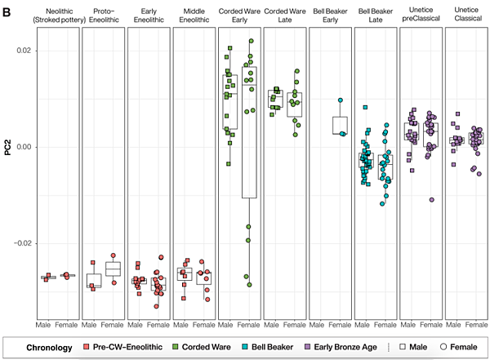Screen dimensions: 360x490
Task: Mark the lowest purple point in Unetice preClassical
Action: [x=431, y=200]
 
